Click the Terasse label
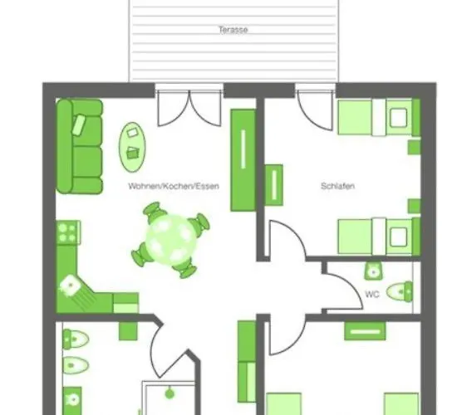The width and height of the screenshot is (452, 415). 233,30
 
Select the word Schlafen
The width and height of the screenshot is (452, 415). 337,187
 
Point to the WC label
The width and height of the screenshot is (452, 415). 372,293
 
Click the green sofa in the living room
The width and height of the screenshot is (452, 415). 80,146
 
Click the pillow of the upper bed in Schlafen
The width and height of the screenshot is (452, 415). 399,117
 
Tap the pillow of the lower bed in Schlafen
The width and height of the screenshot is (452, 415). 399,237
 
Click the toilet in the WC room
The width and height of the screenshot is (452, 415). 402,291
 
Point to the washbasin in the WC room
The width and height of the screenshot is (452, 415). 374,271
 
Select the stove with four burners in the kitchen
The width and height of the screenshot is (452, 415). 66,232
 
